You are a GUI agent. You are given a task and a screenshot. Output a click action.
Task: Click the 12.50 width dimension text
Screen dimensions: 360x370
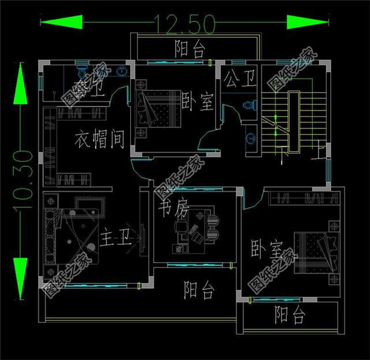click(x=184, y=23)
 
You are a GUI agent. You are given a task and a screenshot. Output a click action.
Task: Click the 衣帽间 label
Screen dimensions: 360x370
click(x=100, y=139)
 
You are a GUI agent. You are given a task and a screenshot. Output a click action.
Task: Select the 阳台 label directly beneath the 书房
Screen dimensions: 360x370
click(x=199, y=289)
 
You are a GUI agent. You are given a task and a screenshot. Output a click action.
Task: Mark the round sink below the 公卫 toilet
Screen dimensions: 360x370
click(x=250, y=138)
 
